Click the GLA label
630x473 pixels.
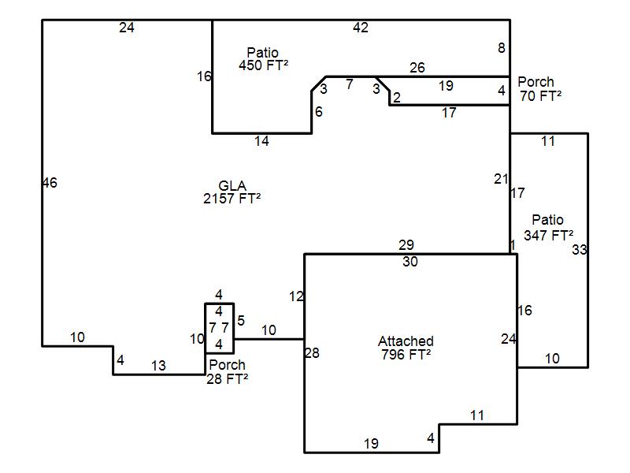coord(232,185)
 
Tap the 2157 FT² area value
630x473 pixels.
coord(232,199)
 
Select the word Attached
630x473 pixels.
coord(406,341)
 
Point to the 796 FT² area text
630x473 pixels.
coord(406,354)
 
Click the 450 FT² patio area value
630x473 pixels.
coord(263,65)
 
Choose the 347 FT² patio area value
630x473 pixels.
coord(548,235)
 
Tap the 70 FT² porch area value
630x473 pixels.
coord(540,95)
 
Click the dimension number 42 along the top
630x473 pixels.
coord(361,28)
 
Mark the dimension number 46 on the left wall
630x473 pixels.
coord(50,183)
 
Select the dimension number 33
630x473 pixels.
coord(580,250)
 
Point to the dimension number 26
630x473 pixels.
coord(417,68)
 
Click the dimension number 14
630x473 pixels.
coord(261,141)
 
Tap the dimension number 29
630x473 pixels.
coord(406,244)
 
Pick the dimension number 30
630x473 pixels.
coord(410,262)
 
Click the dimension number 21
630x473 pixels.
coord(501,179)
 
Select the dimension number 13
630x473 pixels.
coord(158,366)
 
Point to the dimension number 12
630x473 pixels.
coord(296,296)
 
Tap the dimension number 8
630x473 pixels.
coord(502,48)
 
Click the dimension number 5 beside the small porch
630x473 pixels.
coord(241,321)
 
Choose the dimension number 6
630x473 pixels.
coord(319,112)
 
